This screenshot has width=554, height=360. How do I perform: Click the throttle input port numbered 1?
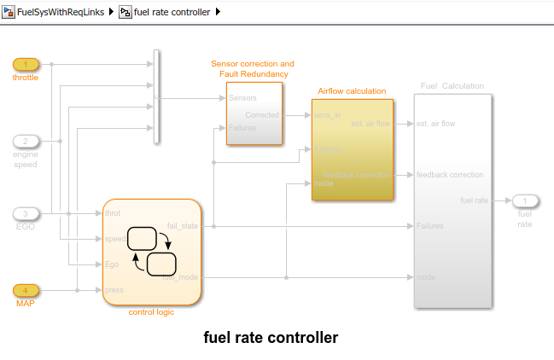[26, 64]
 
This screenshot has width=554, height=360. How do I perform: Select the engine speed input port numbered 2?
[26, 141]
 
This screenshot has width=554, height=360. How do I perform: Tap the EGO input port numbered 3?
[26, 213]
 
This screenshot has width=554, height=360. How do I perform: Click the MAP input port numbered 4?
[26, 290]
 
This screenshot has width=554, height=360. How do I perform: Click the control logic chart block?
[152, 252]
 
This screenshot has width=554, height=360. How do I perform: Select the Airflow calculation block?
[352, 149]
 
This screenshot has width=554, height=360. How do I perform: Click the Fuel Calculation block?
[452, 200]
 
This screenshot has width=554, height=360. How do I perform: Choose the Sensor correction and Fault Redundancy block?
[254, 113]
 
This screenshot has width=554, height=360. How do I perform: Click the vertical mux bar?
[155, 96]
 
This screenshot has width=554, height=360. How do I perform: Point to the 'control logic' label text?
[151, 312]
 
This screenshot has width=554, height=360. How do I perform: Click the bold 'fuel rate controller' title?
[271, 338]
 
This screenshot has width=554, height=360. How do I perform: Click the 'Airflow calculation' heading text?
[352, 90]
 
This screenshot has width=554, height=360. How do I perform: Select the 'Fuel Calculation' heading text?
[452, 86]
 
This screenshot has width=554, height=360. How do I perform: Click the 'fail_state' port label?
[184, 226]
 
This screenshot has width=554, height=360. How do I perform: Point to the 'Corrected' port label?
[262, 114]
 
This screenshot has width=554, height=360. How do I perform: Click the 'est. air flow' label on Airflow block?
[371, 124]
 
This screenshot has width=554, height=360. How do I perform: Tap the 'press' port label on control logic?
[114, 290]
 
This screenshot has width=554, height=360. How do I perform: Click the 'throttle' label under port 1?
[26, 78]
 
